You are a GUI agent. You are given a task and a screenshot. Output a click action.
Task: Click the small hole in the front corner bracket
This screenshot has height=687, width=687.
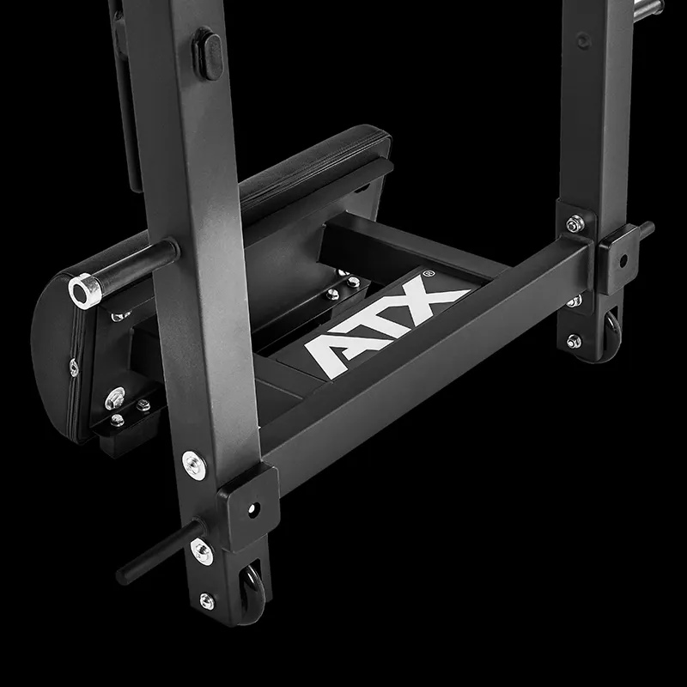point(253,508)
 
